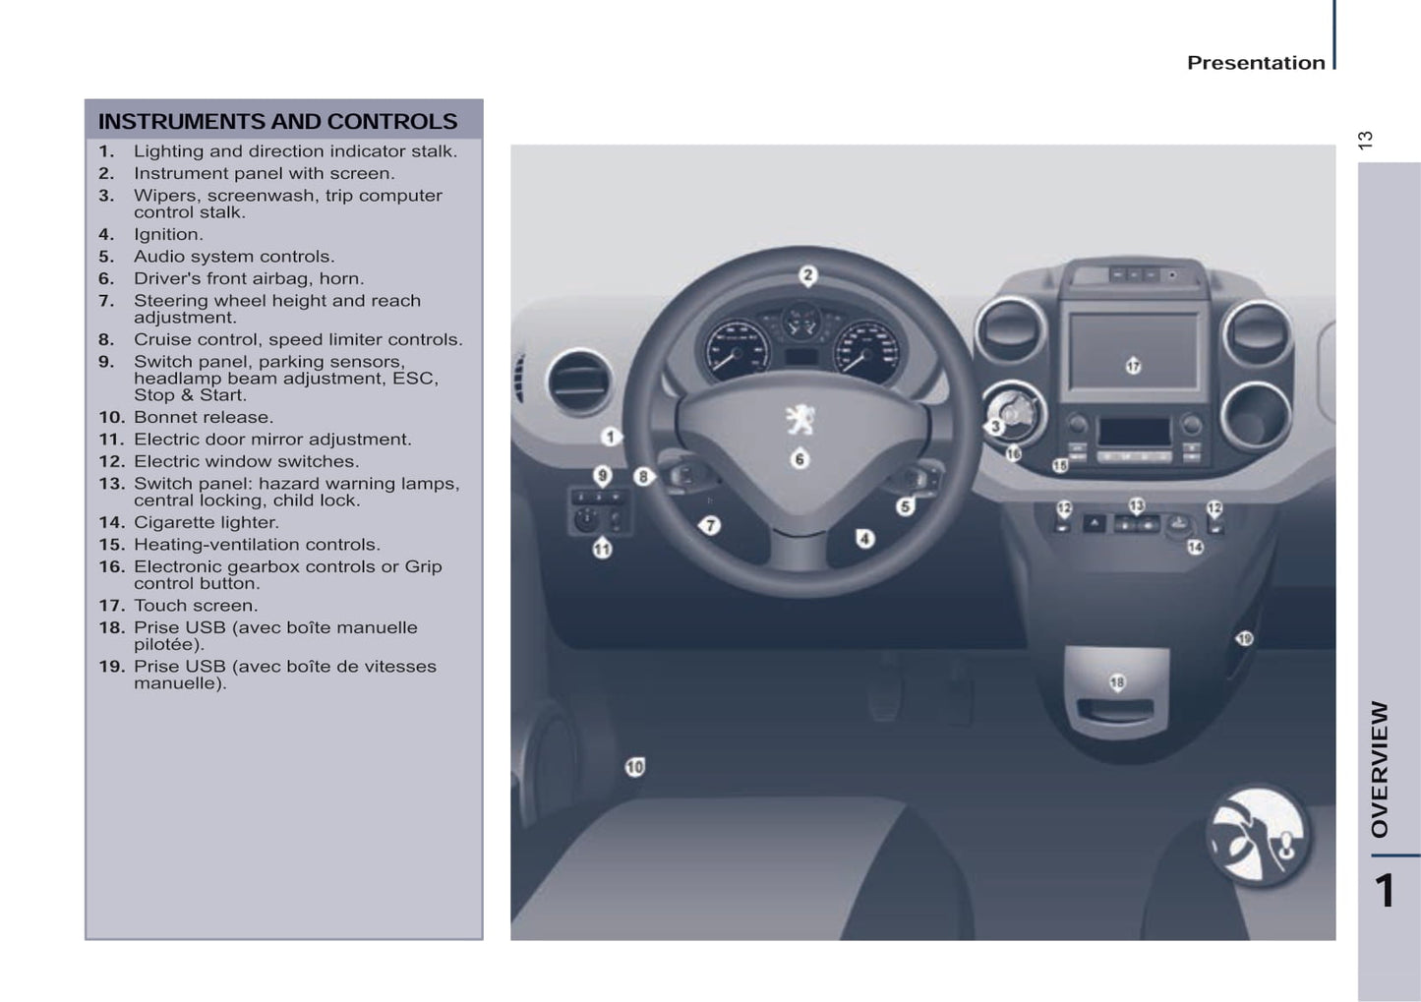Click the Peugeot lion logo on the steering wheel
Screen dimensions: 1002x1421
tap(800, 420)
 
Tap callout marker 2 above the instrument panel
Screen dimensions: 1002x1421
tap(806, 275)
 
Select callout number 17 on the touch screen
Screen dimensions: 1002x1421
tap(1133, 366)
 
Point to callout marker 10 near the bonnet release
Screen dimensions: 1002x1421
tap(635, 767)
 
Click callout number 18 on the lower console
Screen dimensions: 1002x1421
tap(1116, 682)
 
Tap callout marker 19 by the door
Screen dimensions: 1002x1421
tap(1244, 639)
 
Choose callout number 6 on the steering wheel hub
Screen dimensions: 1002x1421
tap(799, 459)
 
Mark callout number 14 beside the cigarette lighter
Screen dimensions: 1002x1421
tap(1195, 547)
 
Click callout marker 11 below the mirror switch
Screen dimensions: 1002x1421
tap(602, 550)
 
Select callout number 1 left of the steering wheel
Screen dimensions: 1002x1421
tap(611, 436)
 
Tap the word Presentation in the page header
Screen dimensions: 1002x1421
tap(1256, 63)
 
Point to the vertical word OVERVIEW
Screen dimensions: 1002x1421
tap(1380, 769)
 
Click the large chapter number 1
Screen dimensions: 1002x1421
tap(1384, 891)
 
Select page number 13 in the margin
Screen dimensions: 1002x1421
tap(1365, 140)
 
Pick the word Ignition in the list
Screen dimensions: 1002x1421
tap(167, 234)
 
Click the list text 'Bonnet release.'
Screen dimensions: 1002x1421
tap(203, 417)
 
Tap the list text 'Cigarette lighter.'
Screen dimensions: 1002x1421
tap(206, 522)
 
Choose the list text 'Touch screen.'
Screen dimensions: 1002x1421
tap(195, 606)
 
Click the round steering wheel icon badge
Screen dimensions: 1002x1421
tap(1258, 836)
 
